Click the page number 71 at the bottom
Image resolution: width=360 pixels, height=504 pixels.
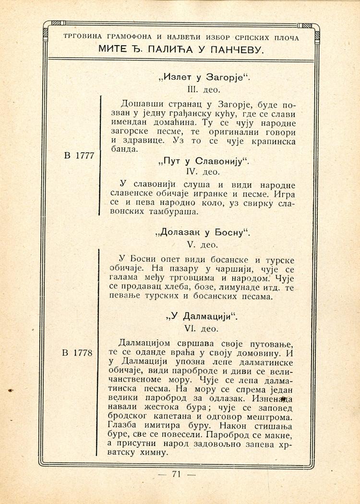(176, 474)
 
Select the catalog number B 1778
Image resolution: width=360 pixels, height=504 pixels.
(78, 353)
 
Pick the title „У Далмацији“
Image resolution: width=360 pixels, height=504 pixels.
(203, 317)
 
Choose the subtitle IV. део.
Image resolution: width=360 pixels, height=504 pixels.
(204, 171)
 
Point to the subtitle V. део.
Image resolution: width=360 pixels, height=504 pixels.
(204, 245)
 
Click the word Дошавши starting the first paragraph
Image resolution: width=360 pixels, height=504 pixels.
(141, 104)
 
